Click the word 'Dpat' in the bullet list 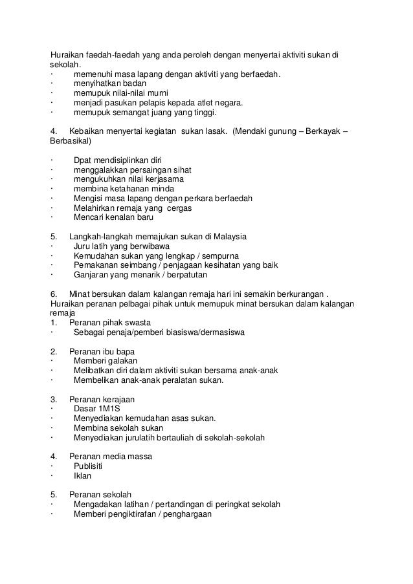[x=84, y=159]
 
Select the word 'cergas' [x=178, y=208]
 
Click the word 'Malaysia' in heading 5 [x=229, y=236]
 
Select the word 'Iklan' [x=82, y=476]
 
